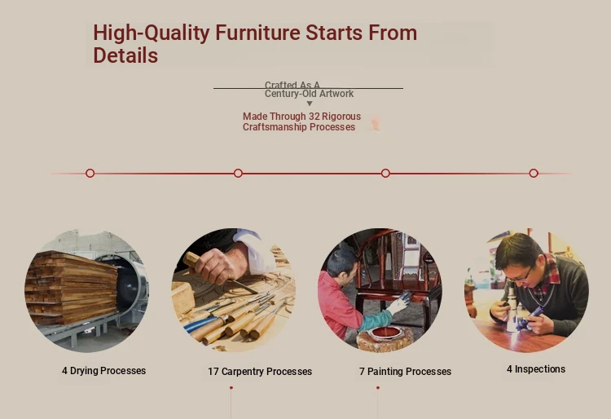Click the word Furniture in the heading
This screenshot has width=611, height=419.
tap(257, 33)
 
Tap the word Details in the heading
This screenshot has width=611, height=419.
tap(125, 55)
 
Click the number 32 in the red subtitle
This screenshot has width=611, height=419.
tap(314, 117)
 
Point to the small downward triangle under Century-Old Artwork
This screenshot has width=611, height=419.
tap(310, 104)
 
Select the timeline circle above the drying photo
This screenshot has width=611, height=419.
tap(90, 173)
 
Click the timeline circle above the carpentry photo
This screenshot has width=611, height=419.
tap(238, 173)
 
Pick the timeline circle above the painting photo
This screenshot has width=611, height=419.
tap(385, 173)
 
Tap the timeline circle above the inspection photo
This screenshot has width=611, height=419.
tap(534, 173)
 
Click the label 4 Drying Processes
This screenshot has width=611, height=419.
tap(103, 371)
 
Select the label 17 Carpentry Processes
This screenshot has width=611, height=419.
tap(260, 372)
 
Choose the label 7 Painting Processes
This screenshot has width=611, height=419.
tap(405, 372)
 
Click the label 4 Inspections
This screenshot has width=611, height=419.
tap(536, 369)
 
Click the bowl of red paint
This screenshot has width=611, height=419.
tap(386, 333)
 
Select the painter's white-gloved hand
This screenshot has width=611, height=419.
tap(398, 302)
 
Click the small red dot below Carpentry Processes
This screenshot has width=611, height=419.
tap(231, 388)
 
